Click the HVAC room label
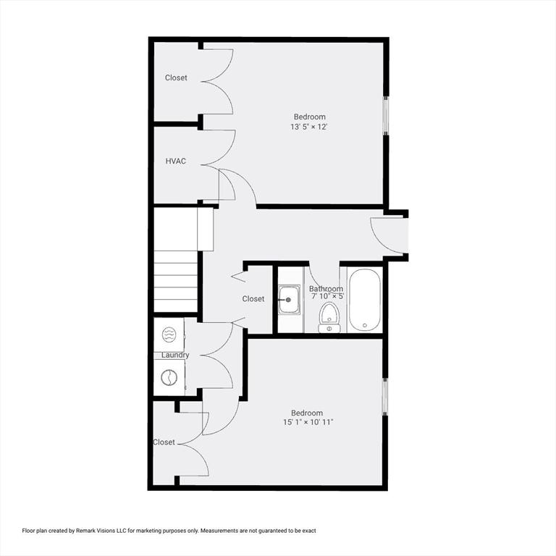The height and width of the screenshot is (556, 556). [176, 161]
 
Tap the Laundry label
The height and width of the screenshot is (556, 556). [175, 355]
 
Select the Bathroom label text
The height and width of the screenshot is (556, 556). [326, 289]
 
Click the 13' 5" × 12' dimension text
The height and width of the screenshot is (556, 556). [309, 127]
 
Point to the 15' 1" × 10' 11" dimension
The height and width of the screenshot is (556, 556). [308, 422]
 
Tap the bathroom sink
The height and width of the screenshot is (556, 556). [289, 299]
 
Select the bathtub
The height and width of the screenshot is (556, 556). [364, 300]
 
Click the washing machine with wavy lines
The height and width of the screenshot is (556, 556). [169, 334]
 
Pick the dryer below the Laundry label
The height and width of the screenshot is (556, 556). [169, 378]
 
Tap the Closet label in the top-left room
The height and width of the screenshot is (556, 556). [176, 77]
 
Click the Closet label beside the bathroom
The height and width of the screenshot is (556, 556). [253, 298]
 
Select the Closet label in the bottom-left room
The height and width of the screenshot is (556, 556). [164, 442]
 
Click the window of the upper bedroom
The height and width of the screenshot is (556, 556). [386, 116]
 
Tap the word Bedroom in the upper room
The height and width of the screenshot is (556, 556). [309, 117]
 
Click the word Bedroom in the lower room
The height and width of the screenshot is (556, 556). [307, 413]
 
